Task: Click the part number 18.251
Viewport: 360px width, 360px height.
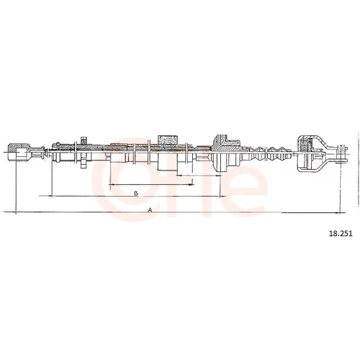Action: pyautogui.click(x=341, y=233)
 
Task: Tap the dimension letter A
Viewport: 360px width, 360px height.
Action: pyautogui.click(x=150, y=210)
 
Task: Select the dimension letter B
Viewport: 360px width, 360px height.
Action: pyautogui.click(x=136, y=193)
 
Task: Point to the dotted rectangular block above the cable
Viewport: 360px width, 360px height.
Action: pyautogui.click(x=168, y=140)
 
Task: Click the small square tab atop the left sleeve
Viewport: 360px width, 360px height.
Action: pyautogui.click(x=84, y=140)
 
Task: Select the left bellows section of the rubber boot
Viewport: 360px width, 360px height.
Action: pyautogui.click(x=258, y=155)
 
